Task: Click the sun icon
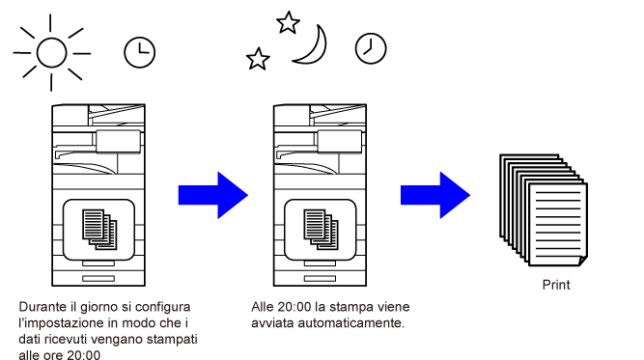click(52, 52)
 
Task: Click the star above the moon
click(288, 22)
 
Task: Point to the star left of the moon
click(258, 59)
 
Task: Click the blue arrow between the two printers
click(212, 195)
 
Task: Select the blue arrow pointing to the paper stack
click(435, 195)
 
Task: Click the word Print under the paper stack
click(556, 285)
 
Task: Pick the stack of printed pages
click(544, 210)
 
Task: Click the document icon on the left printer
click(99, 230)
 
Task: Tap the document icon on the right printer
click(321, 230)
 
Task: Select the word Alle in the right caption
click(263, 307)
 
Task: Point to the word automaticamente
click(351, 323)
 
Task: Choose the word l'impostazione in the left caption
click(61, 323)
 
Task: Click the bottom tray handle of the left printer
click(98, 279)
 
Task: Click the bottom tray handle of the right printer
click(320, 279)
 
